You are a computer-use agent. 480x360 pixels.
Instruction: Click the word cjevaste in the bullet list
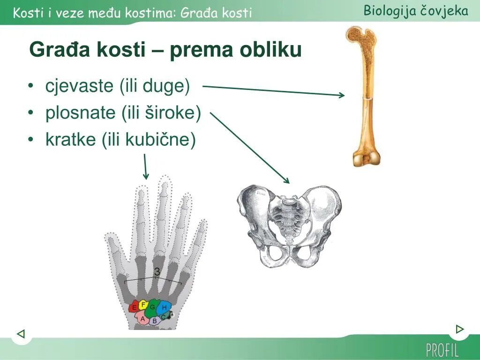[x=79, y=86]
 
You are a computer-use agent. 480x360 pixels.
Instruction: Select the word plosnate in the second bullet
[x=80, y=112]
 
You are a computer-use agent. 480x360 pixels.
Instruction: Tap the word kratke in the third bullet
[x=70, y=139]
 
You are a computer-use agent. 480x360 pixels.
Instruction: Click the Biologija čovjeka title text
[x=416, y=11]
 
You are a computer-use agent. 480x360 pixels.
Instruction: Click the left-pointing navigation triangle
[x=21, y=333]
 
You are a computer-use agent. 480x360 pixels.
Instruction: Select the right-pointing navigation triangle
[x=459, y=329]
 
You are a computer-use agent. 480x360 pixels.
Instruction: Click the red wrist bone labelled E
[x=134, y=307]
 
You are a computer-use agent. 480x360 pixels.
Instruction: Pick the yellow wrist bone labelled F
[x=143, y=305]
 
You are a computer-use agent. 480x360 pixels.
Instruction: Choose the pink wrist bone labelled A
[x=142, y=319]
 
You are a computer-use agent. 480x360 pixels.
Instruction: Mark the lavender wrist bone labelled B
[x=155, y=321]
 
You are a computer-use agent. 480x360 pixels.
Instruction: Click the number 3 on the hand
[x=157, y=271]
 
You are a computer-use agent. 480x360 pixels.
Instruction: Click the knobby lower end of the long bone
[x=367, y=157]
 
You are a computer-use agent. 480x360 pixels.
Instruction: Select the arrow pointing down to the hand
[x=145, y=166]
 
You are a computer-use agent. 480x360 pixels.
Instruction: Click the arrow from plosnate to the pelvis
[x=249, y=148]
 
